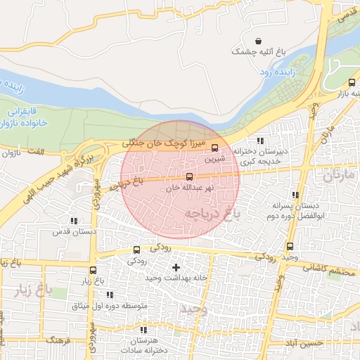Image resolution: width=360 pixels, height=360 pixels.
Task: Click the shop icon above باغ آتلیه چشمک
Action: pos(259,41)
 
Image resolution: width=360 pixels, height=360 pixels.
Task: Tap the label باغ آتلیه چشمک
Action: pos(259,52)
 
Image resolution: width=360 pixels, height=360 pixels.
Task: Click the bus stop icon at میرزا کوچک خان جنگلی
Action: pos(215,147)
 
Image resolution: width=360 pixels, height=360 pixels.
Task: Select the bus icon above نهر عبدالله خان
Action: pos(188,176)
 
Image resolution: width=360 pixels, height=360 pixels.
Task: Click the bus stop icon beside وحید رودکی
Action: pos(290,246)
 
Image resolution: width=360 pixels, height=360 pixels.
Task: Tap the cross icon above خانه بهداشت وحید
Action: pos(176,267)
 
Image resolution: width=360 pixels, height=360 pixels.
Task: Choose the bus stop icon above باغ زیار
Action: pos(93,270)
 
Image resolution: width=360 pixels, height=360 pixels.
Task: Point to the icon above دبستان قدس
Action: pos(74,221)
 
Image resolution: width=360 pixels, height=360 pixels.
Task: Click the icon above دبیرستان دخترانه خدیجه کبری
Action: pos(260,141)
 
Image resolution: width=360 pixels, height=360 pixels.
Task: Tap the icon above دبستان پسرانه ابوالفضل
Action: pos(295,195)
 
